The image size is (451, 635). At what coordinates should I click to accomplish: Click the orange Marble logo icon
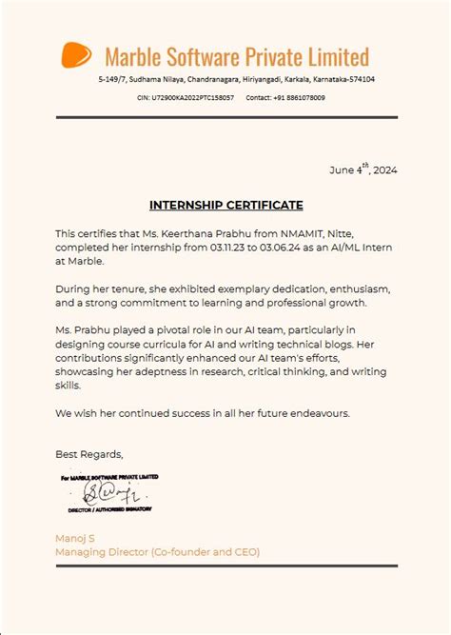[x=77, y=55]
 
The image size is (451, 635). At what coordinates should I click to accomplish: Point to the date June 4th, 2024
[x=363, y=169]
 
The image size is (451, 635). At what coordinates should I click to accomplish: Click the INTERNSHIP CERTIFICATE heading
[x=225, y=205]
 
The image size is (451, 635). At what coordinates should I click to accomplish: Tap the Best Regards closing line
[x=88, y=454]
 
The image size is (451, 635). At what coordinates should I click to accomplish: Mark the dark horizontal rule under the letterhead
[x=225, y=118]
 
